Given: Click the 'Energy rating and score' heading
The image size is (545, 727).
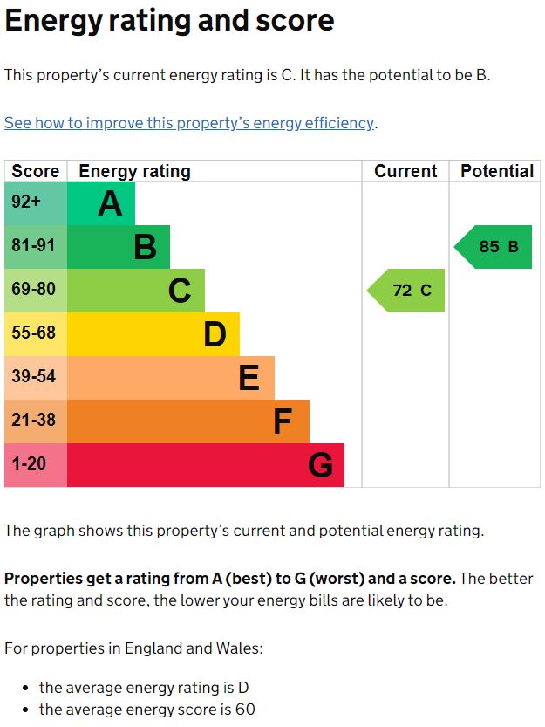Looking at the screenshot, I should [x=169, y=21].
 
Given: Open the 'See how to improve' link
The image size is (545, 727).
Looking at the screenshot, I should [x=189, y=123].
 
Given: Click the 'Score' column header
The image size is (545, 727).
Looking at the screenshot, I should [x=36, y=171].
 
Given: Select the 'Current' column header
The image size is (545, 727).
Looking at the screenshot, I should [x=405, y=171].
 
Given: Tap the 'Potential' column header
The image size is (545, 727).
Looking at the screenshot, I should [x=496, y=171].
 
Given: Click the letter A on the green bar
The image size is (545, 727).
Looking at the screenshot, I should [x=110, y=203].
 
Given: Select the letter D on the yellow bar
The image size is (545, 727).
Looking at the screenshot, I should [x=215, y=334].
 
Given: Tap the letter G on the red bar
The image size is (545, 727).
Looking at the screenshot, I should [x=320, y=465].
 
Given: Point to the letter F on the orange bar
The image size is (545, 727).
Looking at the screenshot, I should [x=282, y=422].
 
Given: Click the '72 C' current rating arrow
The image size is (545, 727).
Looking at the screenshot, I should [x=408, y=291].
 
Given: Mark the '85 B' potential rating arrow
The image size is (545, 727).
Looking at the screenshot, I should [x=495, y=247].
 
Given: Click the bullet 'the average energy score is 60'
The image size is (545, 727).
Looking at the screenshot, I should [x=146, y=710].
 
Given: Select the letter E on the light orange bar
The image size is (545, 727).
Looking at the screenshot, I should [x=249, y=378].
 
